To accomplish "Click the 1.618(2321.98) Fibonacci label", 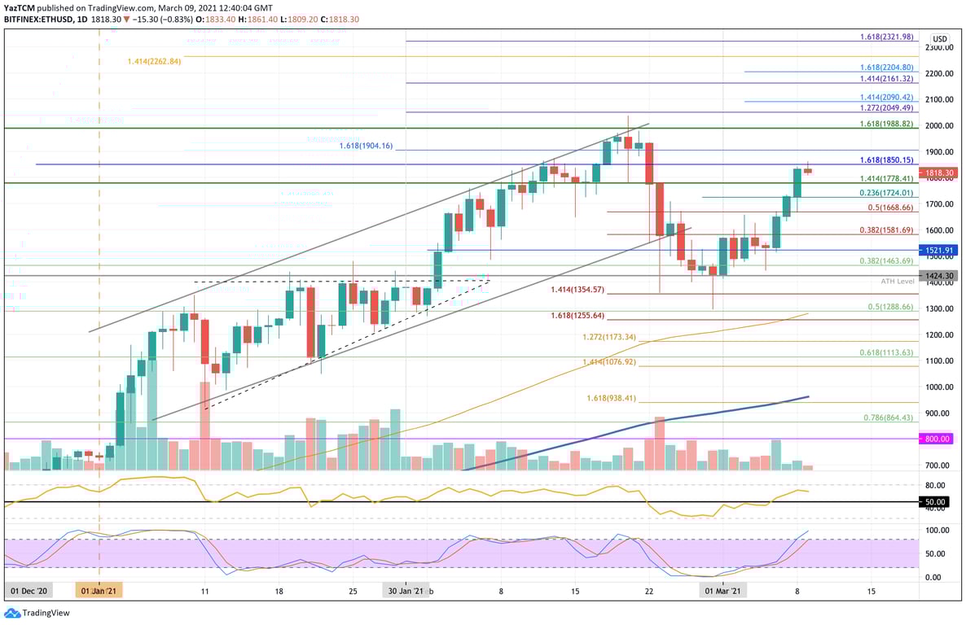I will tap(887, 37).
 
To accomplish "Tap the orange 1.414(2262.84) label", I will tap(154, 61).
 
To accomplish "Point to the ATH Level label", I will tap(898, 281).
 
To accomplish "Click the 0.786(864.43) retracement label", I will tap(888, 417).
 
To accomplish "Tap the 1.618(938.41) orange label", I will tap(612, 399).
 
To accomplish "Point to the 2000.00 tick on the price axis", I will tap(939, 126).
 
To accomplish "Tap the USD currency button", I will tap(939, 39).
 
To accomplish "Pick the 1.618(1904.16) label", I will tap(367, 146).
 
